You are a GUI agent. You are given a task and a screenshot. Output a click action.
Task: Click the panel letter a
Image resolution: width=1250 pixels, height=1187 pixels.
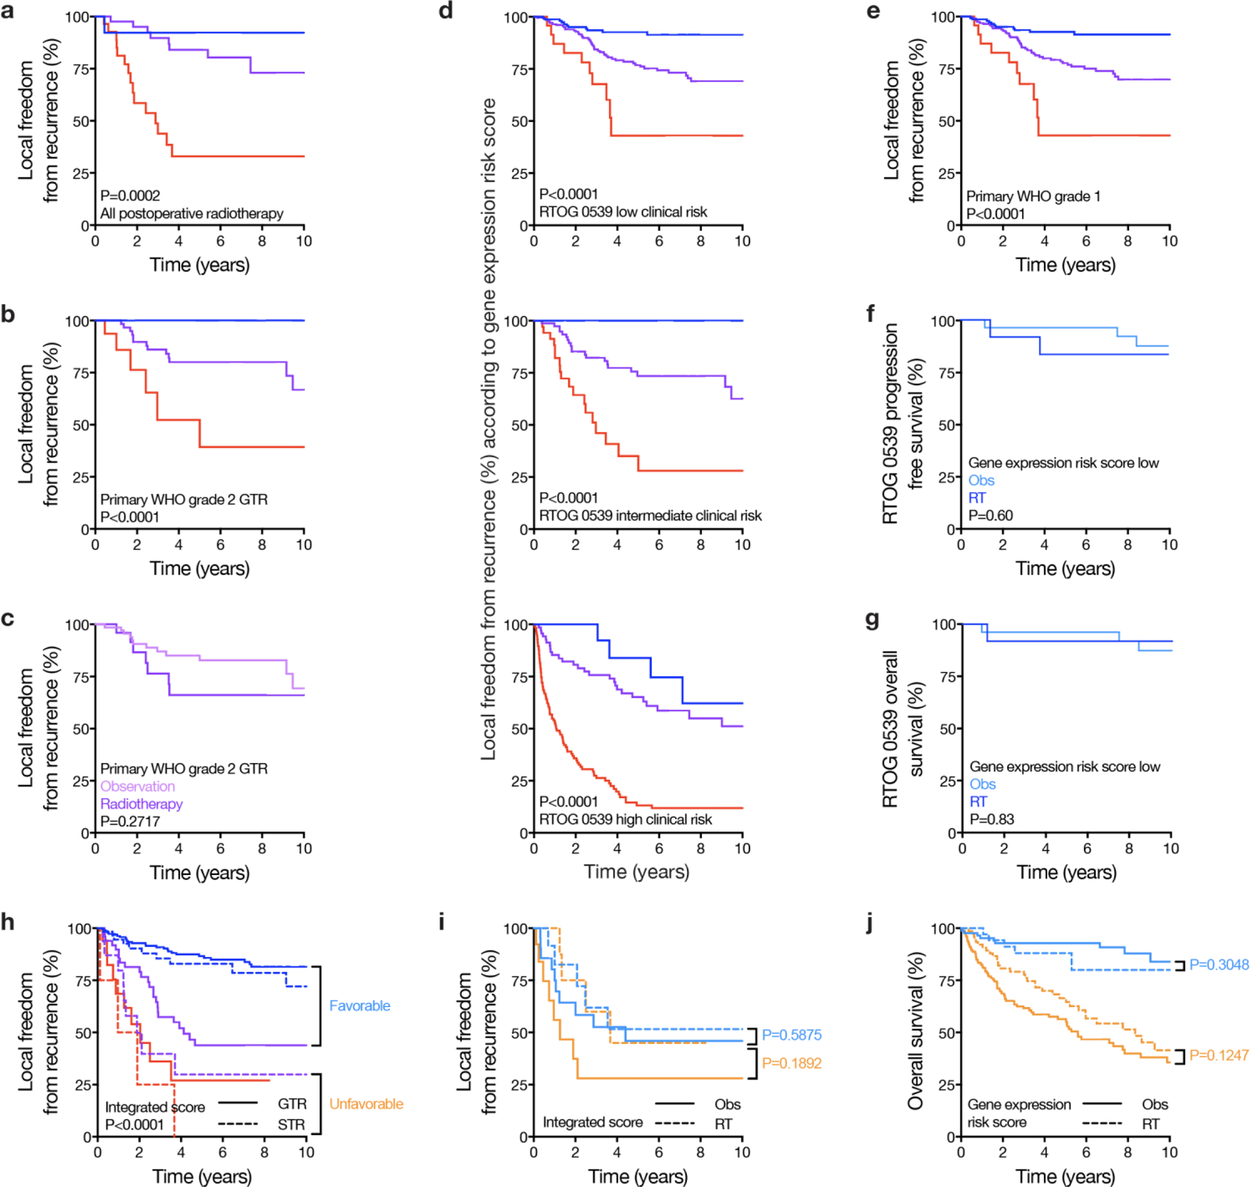point(8,12)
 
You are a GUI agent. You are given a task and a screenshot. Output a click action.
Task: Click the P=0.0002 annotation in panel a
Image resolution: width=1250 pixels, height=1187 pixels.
point(130,195)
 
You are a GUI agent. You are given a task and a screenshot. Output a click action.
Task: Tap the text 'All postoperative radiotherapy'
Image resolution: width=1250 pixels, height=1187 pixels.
point(192,213)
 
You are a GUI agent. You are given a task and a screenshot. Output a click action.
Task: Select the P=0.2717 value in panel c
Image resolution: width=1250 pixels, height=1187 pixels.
point(130,821)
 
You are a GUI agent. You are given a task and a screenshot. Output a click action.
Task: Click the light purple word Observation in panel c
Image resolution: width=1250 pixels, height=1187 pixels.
point(137,786)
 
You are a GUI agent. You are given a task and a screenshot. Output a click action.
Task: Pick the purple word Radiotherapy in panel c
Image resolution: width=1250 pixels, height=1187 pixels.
point(142,804)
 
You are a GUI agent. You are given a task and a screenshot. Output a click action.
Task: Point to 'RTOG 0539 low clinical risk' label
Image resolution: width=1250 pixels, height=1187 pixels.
point(623,212)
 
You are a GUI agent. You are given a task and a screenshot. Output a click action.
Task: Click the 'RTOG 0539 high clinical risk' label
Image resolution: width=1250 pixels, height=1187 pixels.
point(625,820)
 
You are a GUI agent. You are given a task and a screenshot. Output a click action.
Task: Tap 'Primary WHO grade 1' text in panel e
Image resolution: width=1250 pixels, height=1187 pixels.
point(1033,197)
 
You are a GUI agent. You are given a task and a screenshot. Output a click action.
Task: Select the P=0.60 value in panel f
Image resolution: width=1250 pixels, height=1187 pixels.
point(990,515)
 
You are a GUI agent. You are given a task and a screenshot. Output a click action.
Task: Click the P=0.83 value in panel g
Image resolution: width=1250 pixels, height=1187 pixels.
point(992,819)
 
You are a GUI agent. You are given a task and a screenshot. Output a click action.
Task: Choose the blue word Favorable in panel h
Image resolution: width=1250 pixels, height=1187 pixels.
point(360,1006)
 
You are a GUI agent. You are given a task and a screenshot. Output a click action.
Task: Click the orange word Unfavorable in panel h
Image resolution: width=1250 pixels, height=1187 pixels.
point(366,1104)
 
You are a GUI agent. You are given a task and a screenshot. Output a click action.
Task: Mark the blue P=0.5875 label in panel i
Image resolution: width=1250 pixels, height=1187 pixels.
point(792,1035)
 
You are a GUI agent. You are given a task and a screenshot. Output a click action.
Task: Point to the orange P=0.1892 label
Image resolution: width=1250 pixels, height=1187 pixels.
point(792,1063)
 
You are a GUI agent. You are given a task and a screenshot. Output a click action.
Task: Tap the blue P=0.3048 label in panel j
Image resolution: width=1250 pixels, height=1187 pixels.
point(1219,965)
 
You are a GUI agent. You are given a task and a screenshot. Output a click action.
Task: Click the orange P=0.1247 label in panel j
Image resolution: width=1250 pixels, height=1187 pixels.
point(1219,1055)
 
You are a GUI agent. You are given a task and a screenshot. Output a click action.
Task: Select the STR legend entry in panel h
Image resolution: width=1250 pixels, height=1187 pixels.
point(292,1124)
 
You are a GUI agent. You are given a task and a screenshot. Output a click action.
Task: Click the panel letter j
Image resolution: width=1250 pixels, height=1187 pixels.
point(871,924)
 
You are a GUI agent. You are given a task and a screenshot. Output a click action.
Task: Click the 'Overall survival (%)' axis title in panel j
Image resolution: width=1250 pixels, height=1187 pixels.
point(916,1031)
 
